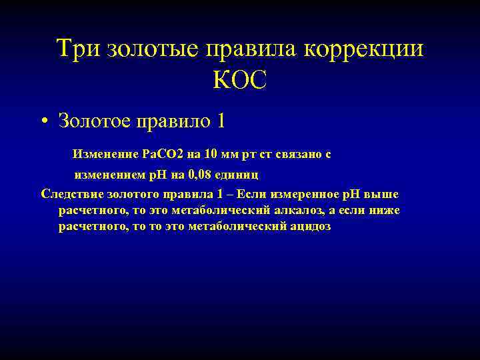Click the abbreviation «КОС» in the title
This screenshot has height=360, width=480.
click(240, 81)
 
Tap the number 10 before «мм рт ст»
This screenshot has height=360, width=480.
click(211, 154)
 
